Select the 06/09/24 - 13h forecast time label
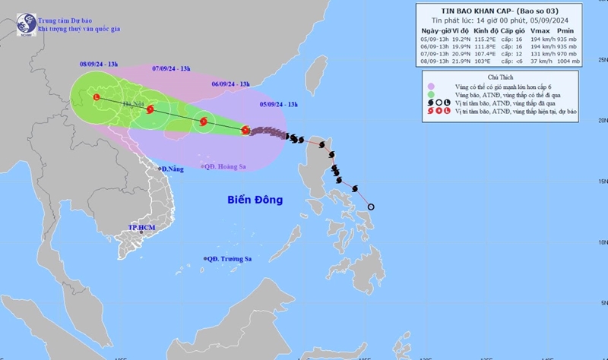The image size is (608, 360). pyautogui.click(x=230, y=83)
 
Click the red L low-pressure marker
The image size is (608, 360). pyautogui.click(x=96, y=96)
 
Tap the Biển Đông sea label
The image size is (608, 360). pyautogui.click(x=255, y=200)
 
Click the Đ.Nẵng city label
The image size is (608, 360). pyautogui.click(x=171, y=168)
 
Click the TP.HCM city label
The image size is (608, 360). pyautogui.click(x=141, y=227)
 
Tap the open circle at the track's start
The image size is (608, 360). pyautogui.click(x=371, y=207)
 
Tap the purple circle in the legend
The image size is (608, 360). pyautogui.click(x=432, y=87)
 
